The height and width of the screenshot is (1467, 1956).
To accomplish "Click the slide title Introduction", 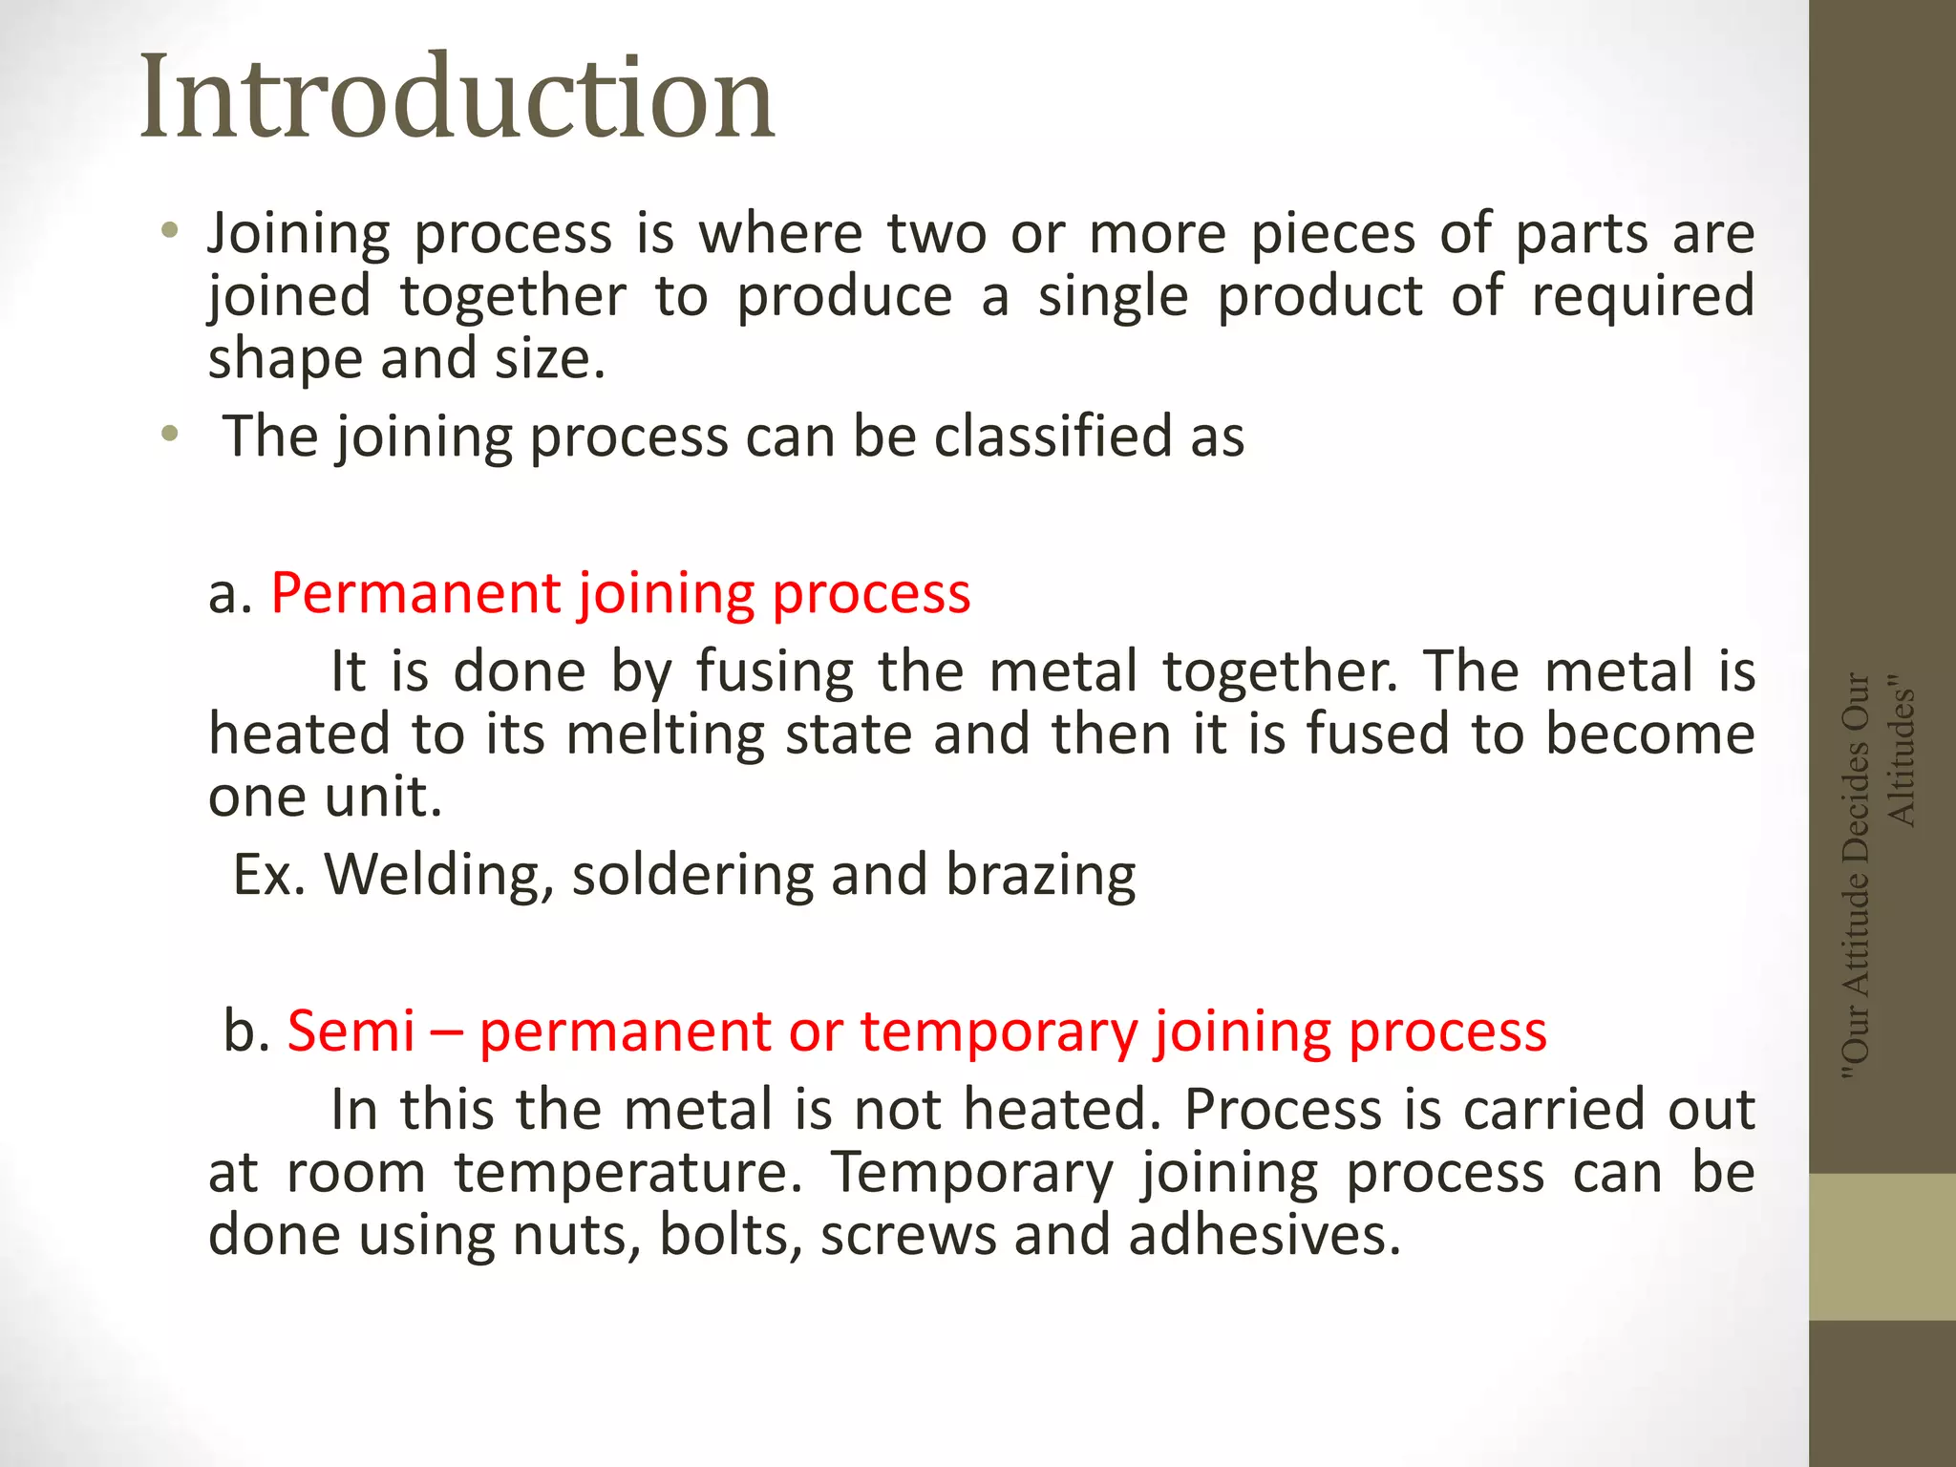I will (x=457, y=97).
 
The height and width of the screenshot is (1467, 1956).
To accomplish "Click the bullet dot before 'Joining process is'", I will (x=170, y=230).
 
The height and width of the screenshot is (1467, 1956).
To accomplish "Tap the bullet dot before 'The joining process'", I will (x=170, y=435).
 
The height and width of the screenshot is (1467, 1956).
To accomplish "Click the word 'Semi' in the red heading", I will (x=351, y=1031).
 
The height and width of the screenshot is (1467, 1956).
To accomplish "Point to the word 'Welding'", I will (x=438, y=875).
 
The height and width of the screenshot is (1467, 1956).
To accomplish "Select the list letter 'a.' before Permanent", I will (x=230, y=594).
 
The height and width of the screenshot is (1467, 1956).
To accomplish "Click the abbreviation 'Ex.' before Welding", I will (x=268, y=875).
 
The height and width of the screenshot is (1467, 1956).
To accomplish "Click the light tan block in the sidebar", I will (x=1882, y=1246).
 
